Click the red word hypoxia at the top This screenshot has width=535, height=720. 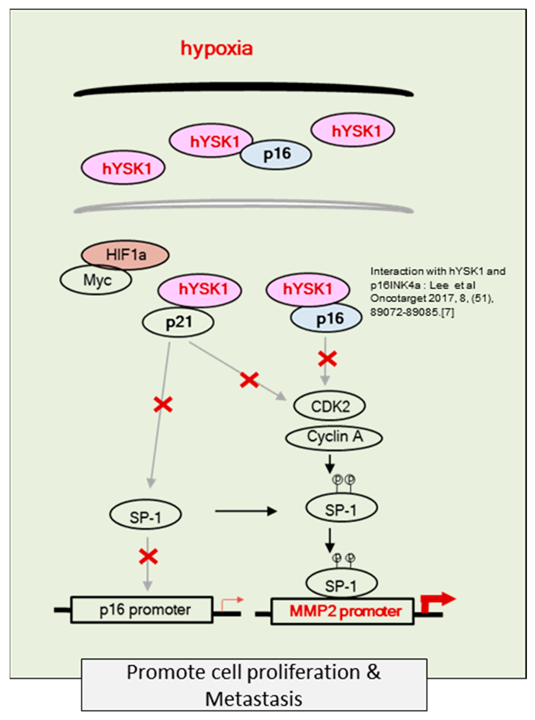[x=216, y=49]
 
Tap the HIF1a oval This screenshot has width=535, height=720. [x=126, y=255]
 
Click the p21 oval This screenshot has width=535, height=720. [x=178, y=322]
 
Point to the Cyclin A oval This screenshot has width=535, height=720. [x=334, y=437]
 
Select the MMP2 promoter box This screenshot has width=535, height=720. [x=343, y=611]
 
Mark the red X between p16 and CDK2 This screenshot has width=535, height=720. [x=327, y=359]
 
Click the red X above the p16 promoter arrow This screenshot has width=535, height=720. [x=148, y=556]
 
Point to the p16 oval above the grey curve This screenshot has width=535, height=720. [x=276, y=155]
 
